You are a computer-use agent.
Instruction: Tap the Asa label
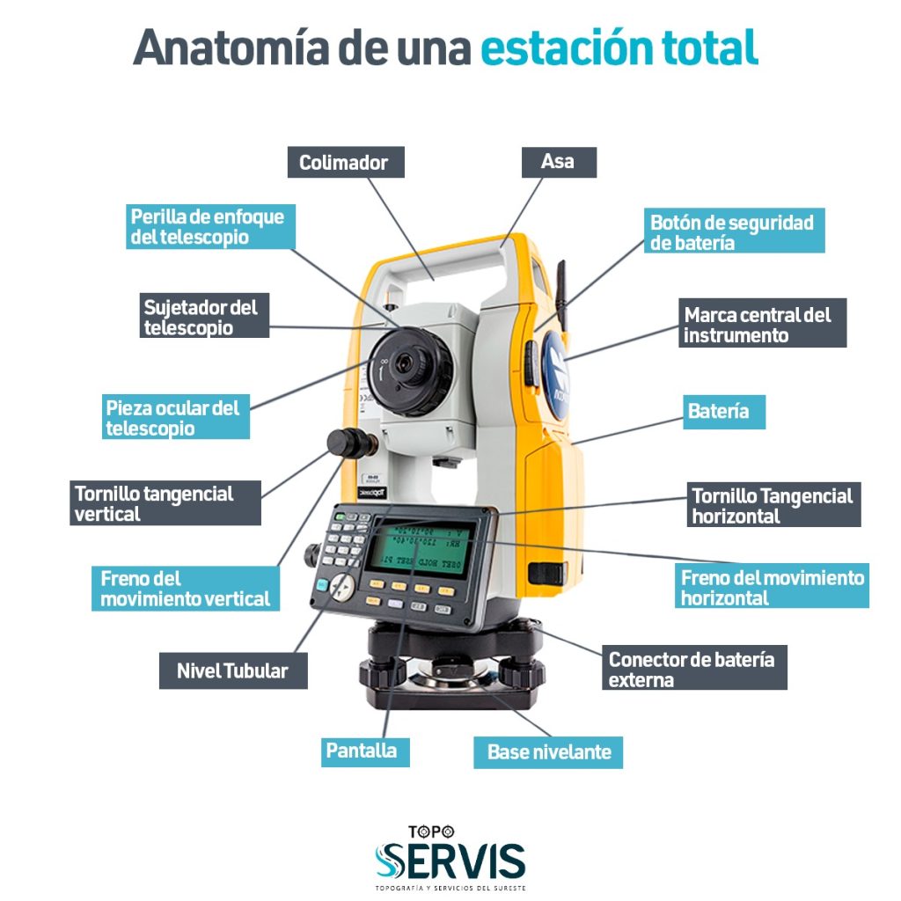pyautogui.click(x=558, y=162)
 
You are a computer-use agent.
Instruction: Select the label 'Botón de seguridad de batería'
pyautogui.click(x=733, y=231)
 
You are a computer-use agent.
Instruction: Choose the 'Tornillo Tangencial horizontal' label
pyautogui.click(x=773, y=506)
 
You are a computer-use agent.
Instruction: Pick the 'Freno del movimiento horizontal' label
pyautogui.click(x=773, y=587)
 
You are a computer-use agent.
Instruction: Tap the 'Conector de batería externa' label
pyautogui.click(x=693, y=669)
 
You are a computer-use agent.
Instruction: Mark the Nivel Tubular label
pyautogui.click(x=233, y=670)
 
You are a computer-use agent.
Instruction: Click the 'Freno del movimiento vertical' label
pyautogui.click(x=186, y=589)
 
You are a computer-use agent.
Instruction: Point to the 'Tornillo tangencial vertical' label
pyautogui.click(x=165, y=503)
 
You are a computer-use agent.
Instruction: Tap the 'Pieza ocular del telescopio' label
pyautogui.click(x=174, y=418)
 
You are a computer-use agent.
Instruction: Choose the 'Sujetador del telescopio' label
pyautogui.click(x=205, y=317)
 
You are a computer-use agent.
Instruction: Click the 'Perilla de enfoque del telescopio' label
pyautogui.click(x=209, y=226)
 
